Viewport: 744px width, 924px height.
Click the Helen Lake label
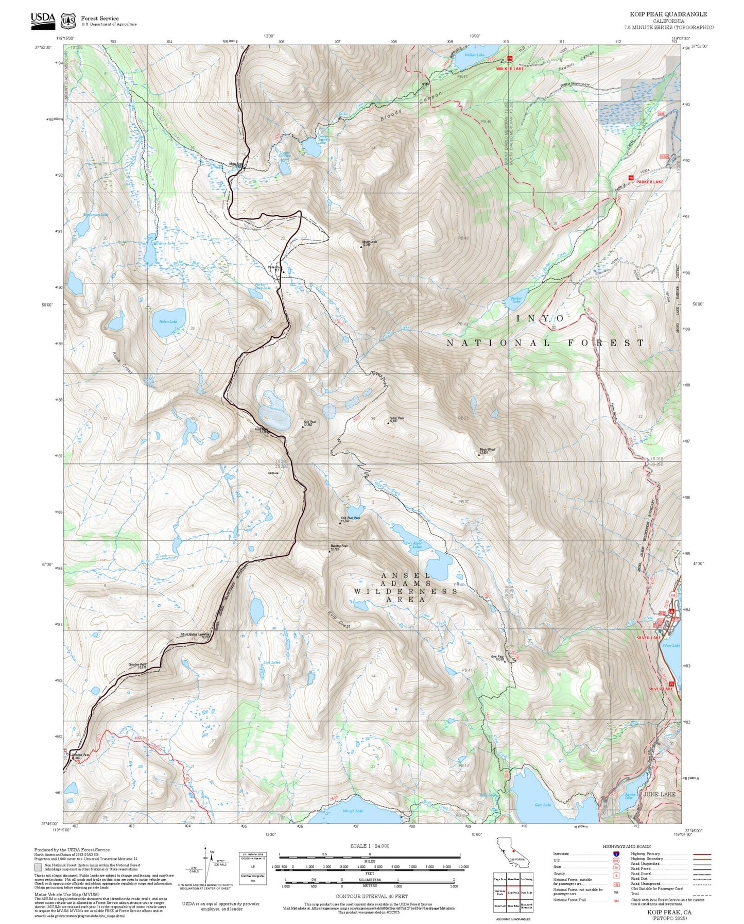[165, 321]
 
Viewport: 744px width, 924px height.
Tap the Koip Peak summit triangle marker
[303, 426]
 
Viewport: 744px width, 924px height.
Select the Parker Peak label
[396, 419]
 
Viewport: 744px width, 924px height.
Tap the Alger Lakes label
[417, 545]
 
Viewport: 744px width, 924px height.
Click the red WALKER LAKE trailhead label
[509, 69]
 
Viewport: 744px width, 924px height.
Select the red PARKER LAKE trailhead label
[649, 182]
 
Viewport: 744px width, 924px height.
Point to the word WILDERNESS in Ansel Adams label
[405, 591]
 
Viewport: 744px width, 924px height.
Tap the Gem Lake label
[543, 805]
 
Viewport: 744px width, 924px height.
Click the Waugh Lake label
[353, 811]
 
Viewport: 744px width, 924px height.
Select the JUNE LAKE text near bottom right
[659, 795]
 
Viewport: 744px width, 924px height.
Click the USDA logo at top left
[43, 20]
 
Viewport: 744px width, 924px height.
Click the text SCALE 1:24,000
[369, 846]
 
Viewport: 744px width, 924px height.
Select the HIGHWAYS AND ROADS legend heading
[626, 846]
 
